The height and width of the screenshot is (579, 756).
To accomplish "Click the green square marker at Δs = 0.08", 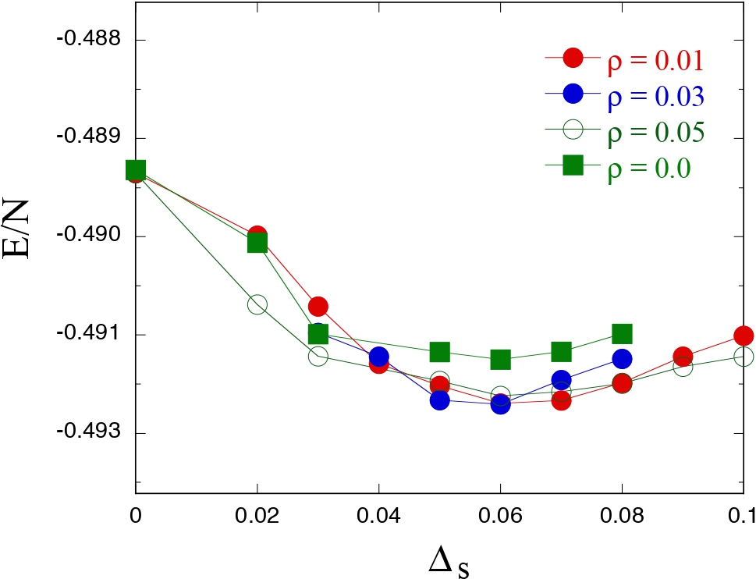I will click(x=622, y=334).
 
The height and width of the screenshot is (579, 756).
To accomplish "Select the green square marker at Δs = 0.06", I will click(x=500, y=360).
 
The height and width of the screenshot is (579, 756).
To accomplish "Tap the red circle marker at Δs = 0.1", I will click(x=743, y=336).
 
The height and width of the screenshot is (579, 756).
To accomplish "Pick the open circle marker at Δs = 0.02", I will click(x=257, y=304).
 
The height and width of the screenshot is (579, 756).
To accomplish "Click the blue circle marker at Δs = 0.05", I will click(x=439, y=400).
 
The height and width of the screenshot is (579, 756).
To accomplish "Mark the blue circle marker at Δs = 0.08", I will click(x=622, y=359).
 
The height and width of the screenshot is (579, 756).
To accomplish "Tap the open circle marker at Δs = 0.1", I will click(x=744, y=357).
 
